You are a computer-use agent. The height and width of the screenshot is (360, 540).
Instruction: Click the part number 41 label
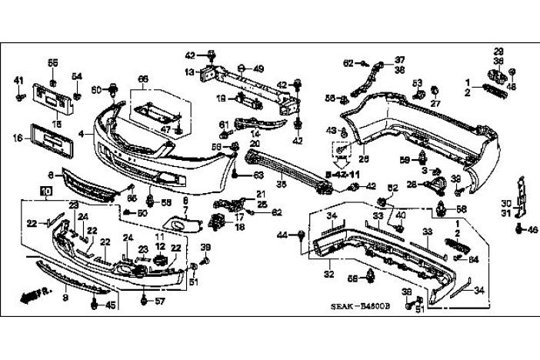[19, 80]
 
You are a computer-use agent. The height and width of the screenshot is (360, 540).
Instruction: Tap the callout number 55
[52, 62]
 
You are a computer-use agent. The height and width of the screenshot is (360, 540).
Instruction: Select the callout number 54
[77, 75]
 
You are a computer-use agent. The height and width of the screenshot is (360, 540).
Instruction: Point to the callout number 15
[55, 122]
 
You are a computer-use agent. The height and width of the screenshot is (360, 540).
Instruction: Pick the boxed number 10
[46, 189]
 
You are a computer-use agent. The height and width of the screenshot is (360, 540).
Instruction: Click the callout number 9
[65, 296]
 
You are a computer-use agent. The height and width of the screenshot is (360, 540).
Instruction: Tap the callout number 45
[111, 305]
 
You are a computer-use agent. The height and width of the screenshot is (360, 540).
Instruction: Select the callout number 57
[160, 301]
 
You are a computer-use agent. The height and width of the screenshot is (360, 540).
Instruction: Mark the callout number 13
[189, 72]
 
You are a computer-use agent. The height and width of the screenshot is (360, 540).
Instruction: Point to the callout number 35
[282, 184]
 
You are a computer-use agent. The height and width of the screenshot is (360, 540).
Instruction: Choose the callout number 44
[282, 234]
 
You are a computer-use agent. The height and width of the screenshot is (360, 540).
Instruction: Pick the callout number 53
[417, 82]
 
